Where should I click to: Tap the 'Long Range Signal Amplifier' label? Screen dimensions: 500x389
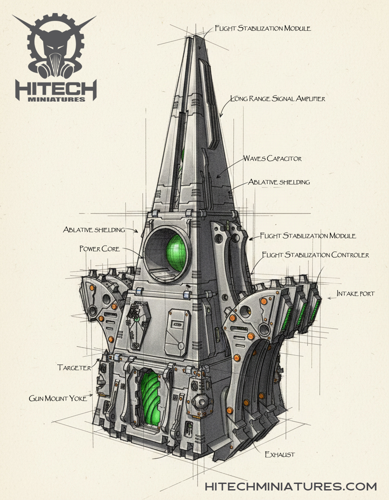click(277, 99)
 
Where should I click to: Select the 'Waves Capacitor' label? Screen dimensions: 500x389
click(272, 158)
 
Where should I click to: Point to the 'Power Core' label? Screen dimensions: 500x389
click(99, 249)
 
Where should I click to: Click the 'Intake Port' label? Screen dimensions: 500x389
click(356, 294)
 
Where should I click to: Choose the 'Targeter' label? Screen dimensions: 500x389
click(74, 368)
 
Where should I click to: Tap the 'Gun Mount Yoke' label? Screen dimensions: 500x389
click(58, 398)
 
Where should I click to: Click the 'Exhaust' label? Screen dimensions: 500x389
click(280, 454)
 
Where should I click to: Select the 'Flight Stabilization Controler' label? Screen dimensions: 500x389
click(315, 255)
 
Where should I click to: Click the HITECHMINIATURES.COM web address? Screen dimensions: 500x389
click(290, 486)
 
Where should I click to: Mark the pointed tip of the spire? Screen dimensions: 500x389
click(194, 36)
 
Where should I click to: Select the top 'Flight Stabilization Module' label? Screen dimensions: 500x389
click(263, 29)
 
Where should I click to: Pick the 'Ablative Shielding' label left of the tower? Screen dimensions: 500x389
click(94, 230)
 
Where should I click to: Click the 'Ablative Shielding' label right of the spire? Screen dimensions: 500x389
click(279, 182)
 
